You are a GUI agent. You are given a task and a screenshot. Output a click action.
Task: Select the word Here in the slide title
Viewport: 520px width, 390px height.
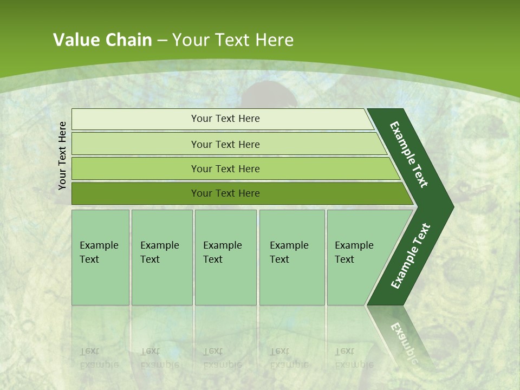(274, 40)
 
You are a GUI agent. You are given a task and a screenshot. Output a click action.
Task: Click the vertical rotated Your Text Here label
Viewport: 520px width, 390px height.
(62, 155)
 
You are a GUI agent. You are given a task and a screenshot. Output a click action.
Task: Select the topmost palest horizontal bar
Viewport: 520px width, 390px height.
(225, 119)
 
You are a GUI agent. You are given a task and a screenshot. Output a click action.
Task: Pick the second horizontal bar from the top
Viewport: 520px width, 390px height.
(225, 144)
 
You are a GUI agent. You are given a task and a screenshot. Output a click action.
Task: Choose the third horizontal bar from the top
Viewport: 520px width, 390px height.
(225, 168)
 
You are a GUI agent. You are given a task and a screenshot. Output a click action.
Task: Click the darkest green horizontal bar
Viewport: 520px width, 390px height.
(225, 193)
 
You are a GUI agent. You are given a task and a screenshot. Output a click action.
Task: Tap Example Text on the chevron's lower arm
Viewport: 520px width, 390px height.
(411, 256)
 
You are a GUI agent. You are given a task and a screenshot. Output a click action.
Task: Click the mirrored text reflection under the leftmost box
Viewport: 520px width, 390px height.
(99, 358)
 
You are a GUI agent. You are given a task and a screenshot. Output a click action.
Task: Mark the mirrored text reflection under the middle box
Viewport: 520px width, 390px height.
(222, 358)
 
